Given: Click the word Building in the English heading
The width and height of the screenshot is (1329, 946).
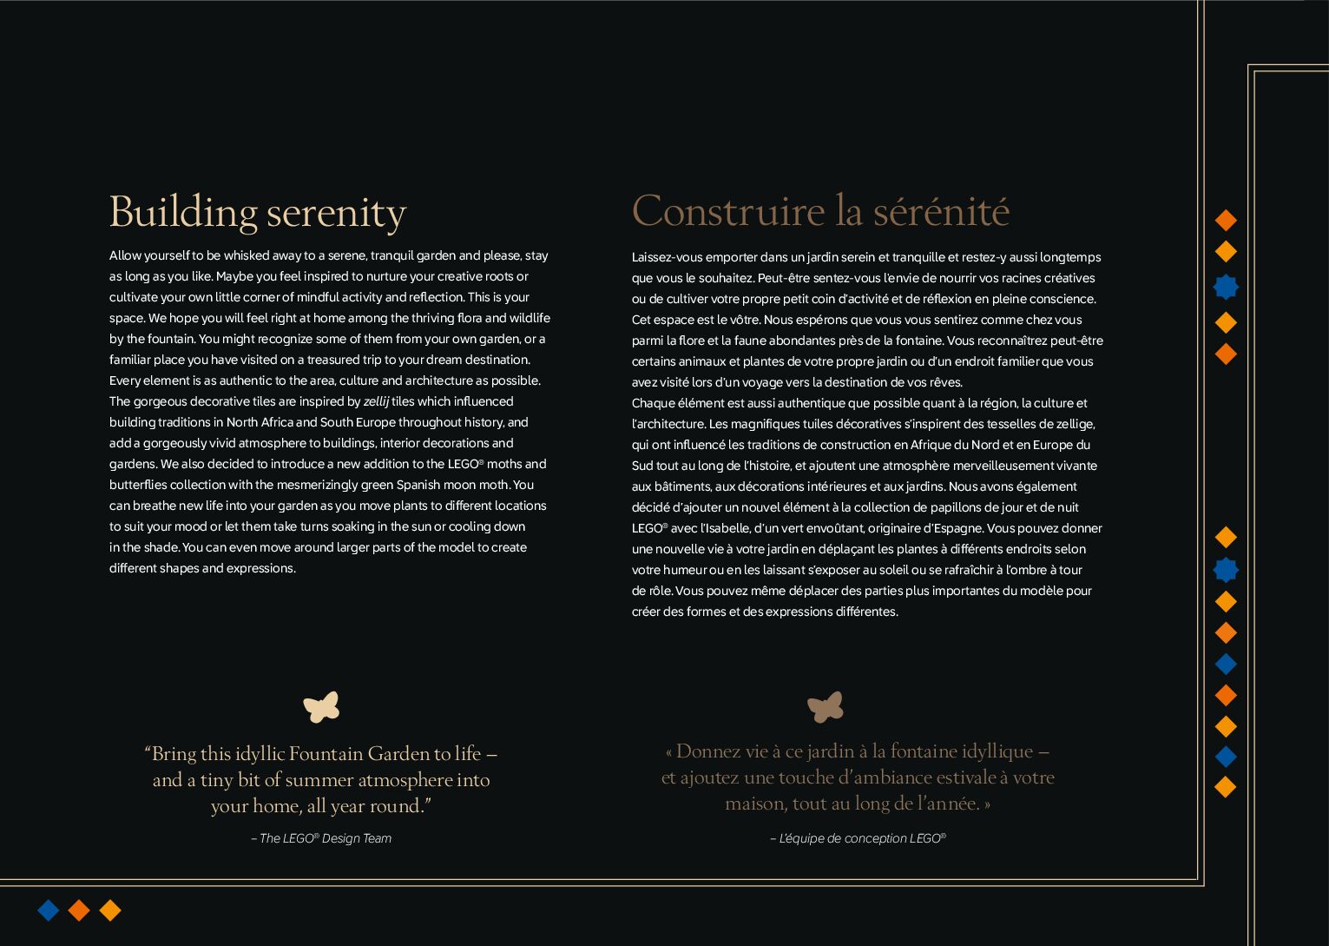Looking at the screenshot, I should click(x=183, y=213).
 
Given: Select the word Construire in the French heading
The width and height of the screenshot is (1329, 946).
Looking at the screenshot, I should click(x=727, y=211).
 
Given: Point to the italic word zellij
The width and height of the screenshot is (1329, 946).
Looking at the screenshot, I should click(x=376, y=401).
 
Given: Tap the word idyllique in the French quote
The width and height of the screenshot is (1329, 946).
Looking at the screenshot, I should click(x=985, y=751).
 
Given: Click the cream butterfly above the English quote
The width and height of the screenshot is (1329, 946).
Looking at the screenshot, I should click(x=321, y=707).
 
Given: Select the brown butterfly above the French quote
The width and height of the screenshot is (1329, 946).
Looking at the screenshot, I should click(x=826, y=707).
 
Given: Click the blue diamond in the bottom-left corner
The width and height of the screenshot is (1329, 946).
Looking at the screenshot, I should click(x=49, y=910).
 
